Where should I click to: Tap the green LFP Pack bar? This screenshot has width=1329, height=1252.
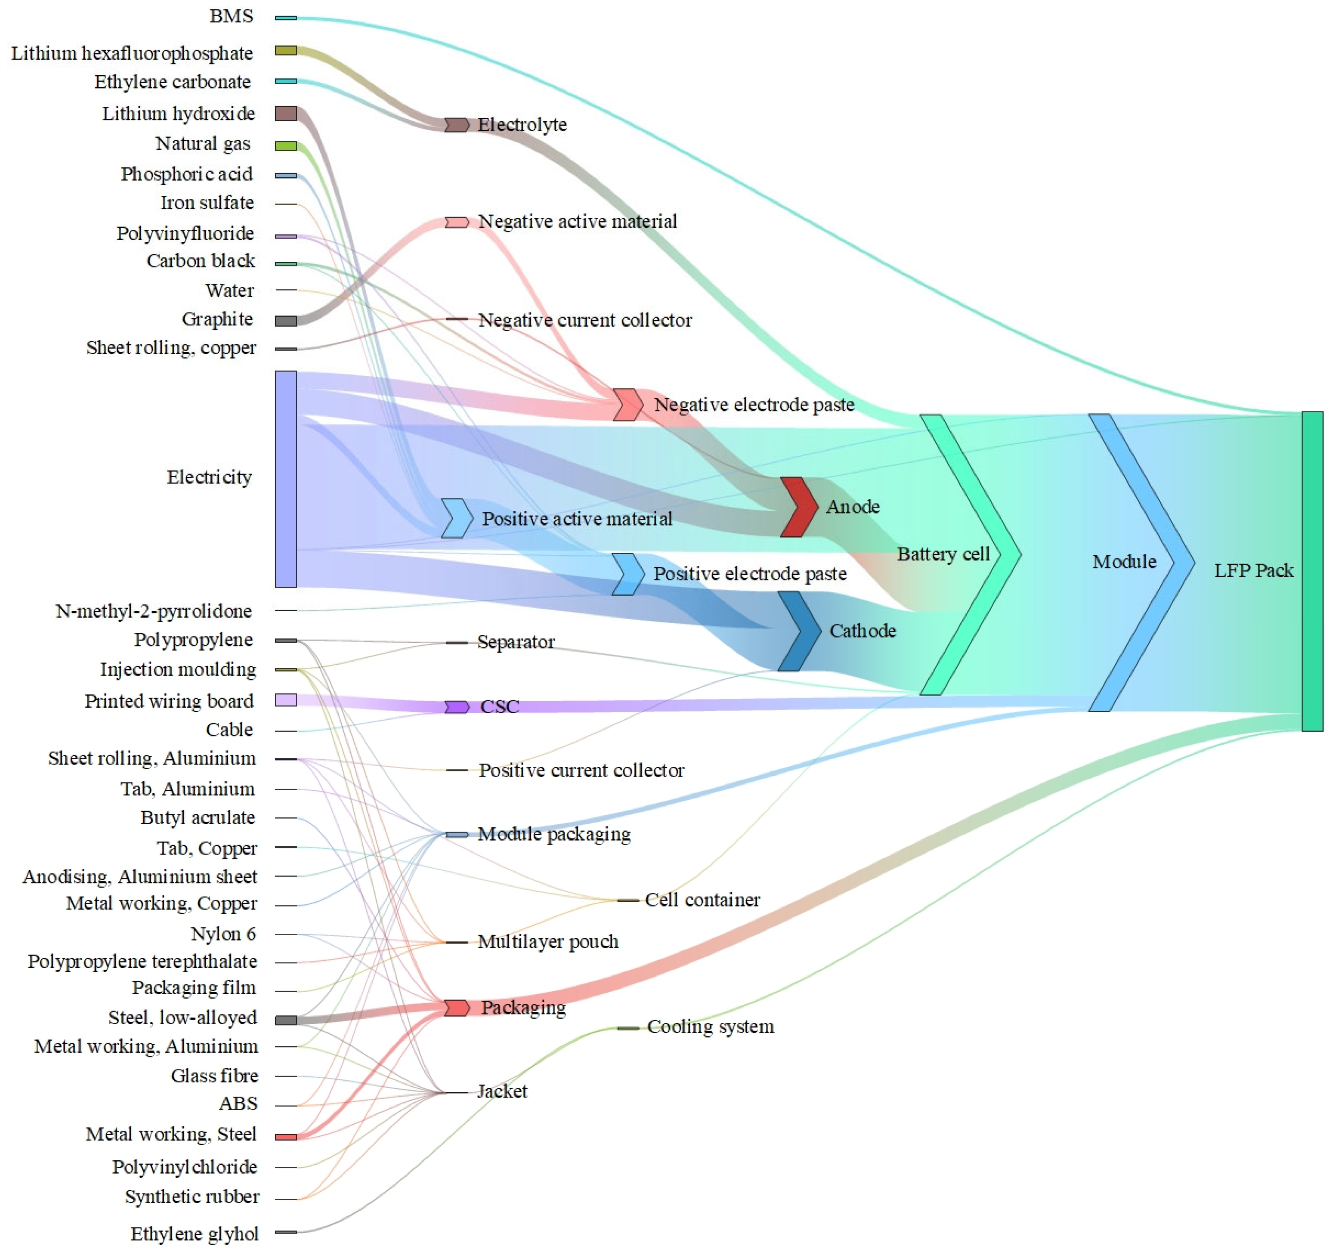pyautogui.click(x=1312, y=572)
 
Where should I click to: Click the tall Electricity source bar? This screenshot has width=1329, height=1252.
pyautogui.click(x=286, y=479)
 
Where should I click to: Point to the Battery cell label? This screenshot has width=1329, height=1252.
pyautogui.click(x=943, y=554)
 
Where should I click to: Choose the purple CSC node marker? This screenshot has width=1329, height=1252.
pyautogui.click(x=457, y=707)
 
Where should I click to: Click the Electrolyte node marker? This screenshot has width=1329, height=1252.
pyautogui.click(x=457, y=125)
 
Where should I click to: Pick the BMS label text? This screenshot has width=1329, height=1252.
pyautogui.click(x=231, y=16)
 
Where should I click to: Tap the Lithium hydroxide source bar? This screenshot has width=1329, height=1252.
pyautogui.click(x=286, y=114)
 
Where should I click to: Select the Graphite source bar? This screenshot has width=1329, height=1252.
pyautogui.click(x=286, y=321)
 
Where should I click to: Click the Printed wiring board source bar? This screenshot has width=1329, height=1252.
pyautogui.click(x=286, y=700)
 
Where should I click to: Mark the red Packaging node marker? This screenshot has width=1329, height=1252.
pyautogui.click(x=457, y=1008)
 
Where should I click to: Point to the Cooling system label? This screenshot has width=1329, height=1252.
pyautogui.click(x=711, y=1027)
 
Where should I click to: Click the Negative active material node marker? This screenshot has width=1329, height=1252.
pyautogui.click(x=457, y=222)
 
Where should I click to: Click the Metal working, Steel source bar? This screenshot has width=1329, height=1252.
pyautogui.click(x=286, y=1137)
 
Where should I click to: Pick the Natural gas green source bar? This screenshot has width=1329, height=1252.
pyautogui.click(x=286, y=146)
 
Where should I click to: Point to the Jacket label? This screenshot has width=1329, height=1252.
pyautogui.click(x=502, y=1091)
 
